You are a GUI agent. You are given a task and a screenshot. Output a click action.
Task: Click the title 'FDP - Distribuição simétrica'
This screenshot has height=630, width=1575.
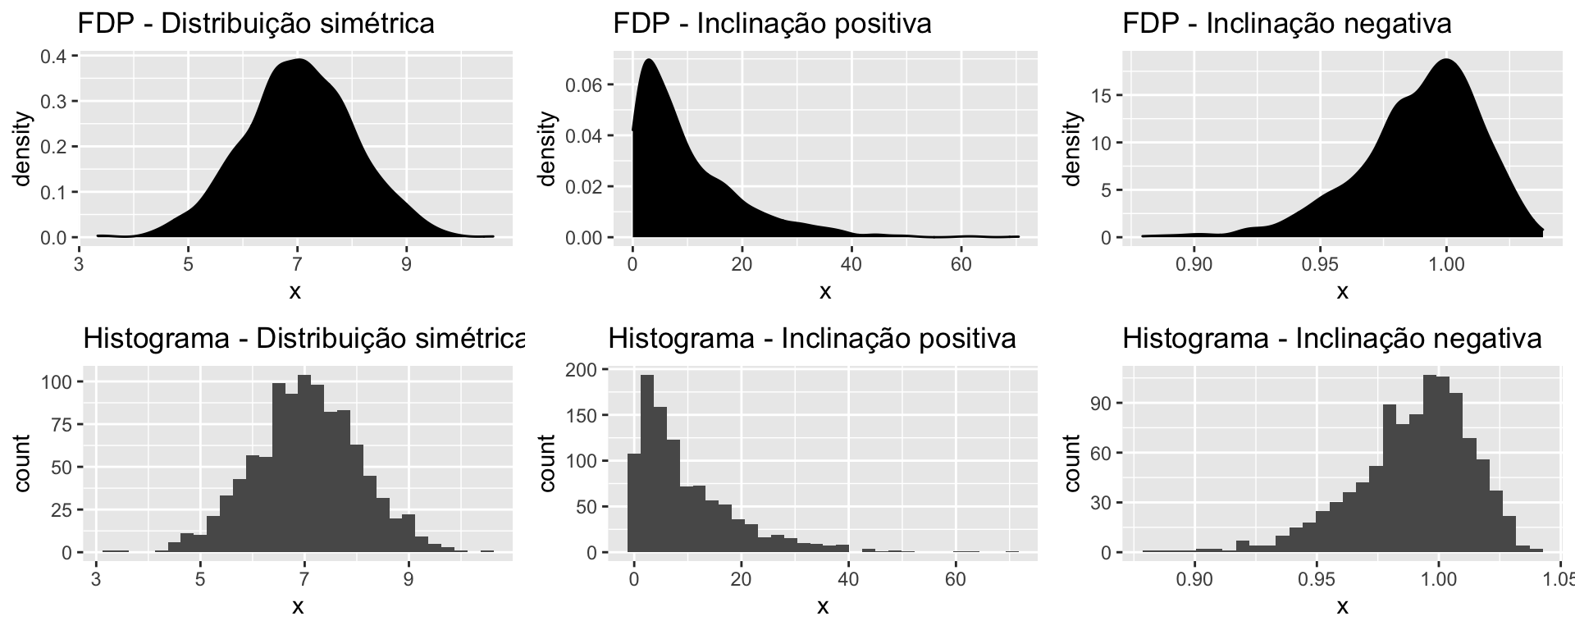tap(256, 24)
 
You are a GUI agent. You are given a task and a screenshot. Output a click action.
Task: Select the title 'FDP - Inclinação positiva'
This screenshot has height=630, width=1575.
tap(772, 24)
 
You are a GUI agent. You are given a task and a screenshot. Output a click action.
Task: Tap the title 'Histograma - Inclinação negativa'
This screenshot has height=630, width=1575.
tap(1332, 338)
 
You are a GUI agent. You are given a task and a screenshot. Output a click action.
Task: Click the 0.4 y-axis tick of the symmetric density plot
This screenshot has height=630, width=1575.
tap(57, 57)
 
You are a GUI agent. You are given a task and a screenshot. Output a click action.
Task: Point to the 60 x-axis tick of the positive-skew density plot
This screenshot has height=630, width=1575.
tap(961, 264)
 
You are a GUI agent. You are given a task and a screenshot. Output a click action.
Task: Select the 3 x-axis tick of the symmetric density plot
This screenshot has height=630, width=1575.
tap(80, 264)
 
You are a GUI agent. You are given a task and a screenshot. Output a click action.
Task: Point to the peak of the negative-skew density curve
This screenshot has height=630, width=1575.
tap(1445, 60)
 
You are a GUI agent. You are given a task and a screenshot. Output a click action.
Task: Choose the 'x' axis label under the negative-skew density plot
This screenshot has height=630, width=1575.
tap(1342, 291)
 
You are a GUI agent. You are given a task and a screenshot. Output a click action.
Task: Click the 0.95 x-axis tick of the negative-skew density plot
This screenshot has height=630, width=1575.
tap(1320, 264)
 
